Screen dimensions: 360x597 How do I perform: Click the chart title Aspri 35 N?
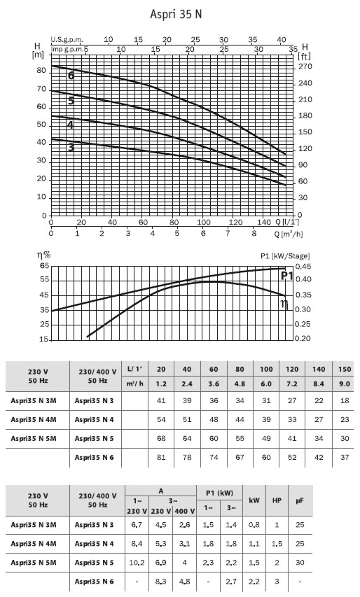tap(176, 15)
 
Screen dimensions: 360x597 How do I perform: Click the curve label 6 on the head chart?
tap(71, 76)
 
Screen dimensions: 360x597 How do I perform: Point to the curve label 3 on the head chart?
tap(71, 147)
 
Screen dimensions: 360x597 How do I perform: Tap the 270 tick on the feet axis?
tap(305, 66)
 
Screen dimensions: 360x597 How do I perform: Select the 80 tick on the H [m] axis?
tap(41, 71)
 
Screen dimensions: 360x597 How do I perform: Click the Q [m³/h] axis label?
tap(289, 234)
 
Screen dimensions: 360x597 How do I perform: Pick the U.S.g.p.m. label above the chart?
tap(67, 39)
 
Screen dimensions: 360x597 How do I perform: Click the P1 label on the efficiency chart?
tap(287, 276)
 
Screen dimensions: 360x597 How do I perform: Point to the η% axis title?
tap(44, 255)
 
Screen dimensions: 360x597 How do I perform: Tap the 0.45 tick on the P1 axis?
tap(303, 266)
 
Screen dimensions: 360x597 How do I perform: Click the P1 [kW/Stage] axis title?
tap(285, 256)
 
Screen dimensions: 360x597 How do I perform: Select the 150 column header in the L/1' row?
tap(345, 369)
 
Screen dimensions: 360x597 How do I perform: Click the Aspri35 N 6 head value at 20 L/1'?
tap(161, 457)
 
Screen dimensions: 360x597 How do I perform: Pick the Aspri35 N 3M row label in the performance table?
tap(34, 400)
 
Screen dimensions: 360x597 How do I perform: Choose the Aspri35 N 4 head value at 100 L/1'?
tap(266, 419)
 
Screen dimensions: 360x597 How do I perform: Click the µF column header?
tap(300, 500)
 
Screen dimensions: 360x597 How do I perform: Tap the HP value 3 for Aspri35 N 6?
tap(277, 582)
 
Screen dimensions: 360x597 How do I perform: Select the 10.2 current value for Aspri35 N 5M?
tap(137, 562)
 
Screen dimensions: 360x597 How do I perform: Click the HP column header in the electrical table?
tap(277, 500)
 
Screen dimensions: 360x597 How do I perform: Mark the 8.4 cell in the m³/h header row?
tap(319, 384)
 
